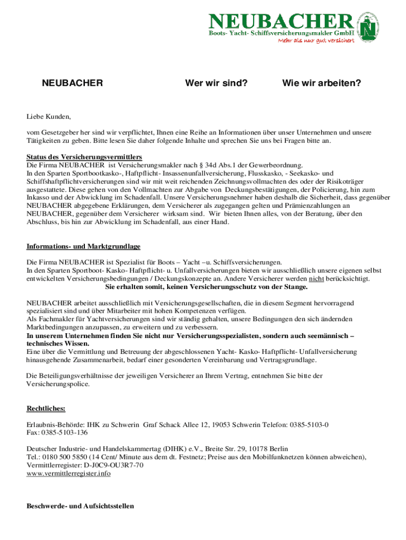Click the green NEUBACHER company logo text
tap(281, 22)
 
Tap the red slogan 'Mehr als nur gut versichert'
tap(316, 42)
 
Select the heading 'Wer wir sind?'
tap(216, 83)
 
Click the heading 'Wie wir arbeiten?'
tap(321, 83)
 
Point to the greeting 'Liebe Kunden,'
tap(49, 117)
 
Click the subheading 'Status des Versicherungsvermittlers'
tap(84, 157)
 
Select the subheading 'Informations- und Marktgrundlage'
tap(83, 247)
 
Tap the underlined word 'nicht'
tap(316, 279)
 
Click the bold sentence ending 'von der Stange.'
tap(207, 287)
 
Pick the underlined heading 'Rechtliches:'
tap(46, 408)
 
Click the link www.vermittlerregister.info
tap(69, 474)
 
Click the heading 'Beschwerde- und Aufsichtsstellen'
tap(80, 506)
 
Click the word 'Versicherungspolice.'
tap(58, 384)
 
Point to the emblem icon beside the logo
tap(371, 25)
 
